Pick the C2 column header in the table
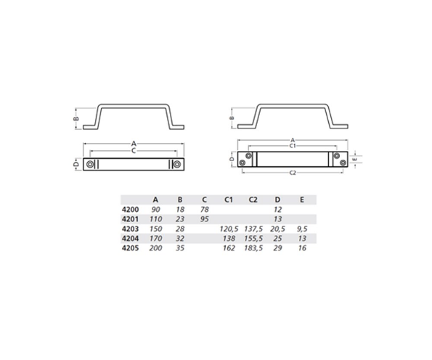click(x=253, y=199)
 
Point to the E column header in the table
click(x=302, y=199)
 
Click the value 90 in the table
click(x=154, y=209)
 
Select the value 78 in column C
click(x=204, y=209)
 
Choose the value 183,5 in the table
click(x=253, y=248)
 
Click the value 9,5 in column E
click(x=302, y=229)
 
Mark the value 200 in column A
click(x=154, y=248)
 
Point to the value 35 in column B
click(x=179, y=248)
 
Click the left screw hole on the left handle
click(x=91, y=164)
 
